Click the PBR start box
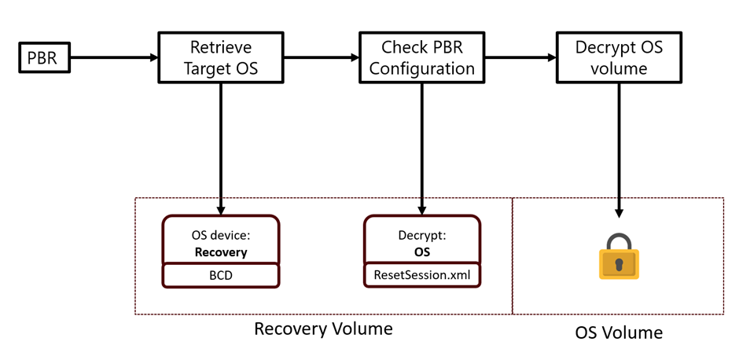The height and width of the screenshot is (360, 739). coord(44,57)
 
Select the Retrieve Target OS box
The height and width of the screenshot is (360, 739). coord(221,57)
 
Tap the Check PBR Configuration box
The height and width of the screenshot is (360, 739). coord(421,57)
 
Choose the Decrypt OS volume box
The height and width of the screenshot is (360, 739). coord(619,57)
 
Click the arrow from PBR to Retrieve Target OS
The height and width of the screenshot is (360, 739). coord(114,57)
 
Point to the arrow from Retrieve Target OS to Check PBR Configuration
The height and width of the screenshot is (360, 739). coord(322,57)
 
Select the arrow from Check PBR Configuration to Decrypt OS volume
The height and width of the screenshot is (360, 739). coord(520,57)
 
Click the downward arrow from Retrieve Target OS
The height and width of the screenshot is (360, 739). coord(221,149)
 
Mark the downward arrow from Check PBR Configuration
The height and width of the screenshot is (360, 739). coord(421,149)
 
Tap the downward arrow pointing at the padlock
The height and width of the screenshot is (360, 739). coord(619,150)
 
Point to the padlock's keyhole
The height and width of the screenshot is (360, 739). coord(619,263)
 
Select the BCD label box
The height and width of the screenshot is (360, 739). coord(221,276)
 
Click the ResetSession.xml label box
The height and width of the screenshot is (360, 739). coord(422,275)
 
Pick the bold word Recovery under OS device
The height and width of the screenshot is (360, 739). coord(221,252)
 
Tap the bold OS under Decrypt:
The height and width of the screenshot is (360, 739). coord(422,252)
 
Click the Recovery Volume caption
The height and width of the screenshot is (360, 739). coord(323,329)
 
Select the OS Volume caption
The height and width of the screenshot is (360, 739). coord(619,332)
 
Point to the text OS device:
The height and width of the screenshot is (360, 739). coord(221,236)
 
